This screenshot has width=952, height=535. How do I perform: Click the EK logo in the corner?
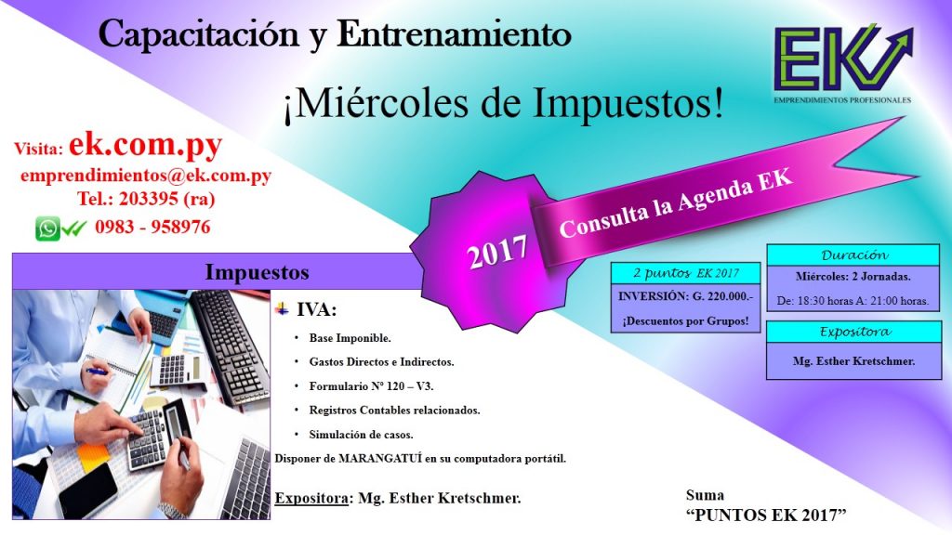tap(842, 64)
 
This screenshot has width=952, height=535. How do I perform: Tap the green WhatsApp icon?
tap(47, 228)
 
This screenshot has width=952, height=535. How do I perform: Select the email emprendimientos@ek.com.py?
tap(146, 176)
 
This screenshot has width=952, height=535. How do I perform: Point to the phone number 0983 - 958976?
tap(152, 227)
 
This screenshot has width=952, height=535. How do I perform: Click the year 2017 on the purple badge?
tap(497, 252)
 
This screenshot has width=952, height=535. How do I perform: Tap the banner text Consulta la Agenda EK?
tap(676, 202)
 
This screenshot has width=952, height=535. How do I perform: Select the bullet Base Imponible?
tap(350, 338)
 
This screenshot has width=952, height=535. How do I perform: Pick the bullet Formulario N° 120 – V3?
tap(371, 385)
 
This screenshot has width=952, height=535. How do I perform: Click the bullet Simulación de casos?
tap(361, 435)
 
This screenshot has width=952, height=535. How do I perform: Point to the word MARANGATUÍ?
tap(379, 459)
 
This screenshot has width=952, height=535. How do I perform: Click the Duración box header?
tap(853, 254)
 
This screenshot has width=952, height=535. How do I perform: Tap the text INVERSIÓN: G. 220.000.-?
tap(685, 296)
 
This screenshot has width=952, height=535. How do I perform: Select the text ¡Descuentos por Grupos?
tap(685, 320)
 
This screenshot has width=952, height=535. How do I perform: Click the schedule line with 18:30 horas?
tap(853, 300)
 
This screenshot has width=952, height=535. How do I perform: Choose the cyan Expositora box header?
tap(854, 332)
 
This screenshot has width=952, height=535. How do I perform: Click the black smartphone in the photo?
tap(88, 490)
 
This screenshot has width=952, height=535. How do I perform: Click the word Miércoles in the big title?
tap(382, 103)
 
